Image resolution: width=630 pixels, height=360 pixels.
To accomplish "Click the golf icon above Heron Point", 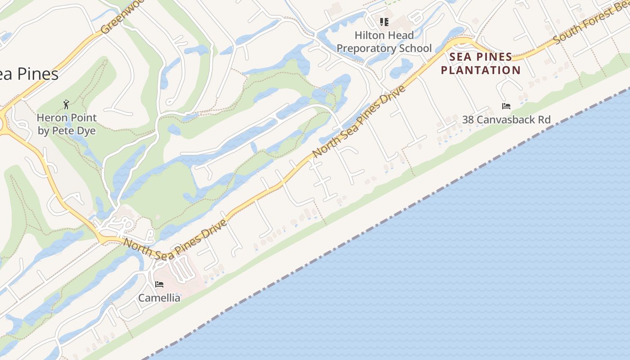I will tap(67, 104).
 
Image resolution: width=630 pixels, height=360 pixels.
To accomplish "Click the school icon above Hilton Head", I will tap(384, 22).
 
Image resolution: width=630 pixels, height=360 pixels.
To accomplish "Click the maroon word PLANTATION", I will tap(480, 70).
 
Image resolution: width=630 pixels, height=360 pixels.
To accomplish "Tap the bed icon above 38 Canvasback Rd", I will tap(506, 106).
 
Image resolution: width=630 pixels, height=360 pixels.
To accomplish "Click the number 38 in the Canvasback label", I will tap(468, 120).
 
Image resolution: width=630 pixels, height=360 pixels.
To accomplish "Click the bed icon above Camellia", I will tap(159, 284).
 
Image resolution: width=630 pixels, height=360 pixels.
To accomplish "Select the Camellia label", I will tap(159, 298).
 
